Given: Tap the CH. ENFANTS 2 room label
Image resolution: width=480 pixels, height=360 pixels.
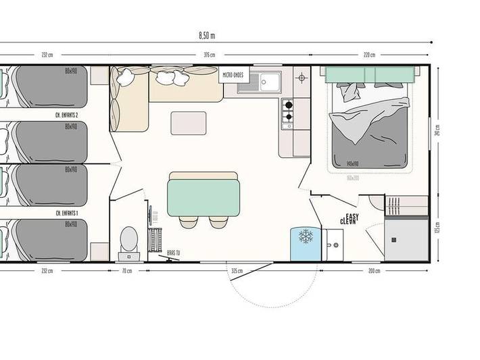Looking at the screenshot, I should point(67,115).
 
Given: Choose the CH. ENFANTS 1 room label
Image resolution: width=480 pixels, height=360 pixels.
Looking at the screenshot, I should point(67,213).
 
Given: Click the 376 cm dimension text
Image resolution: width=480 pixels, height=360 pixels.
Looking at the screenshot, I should point(210,55).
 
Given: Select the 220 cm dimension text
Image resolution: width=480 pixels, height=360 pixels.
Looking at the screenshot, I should point(368,55).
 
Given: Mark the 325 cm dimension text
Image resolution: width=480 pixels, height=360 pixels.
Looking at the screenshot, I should point(237,271).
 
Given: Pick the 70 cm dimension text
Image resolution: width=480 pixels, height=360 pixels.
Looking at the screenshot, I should point(127,271).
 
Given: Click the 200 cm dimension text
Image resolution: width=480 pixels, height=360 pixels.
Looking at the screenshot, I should point(374,271).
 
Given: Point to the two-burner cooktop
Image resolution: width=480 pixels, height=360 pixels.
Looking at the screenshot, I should point(287,111).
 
